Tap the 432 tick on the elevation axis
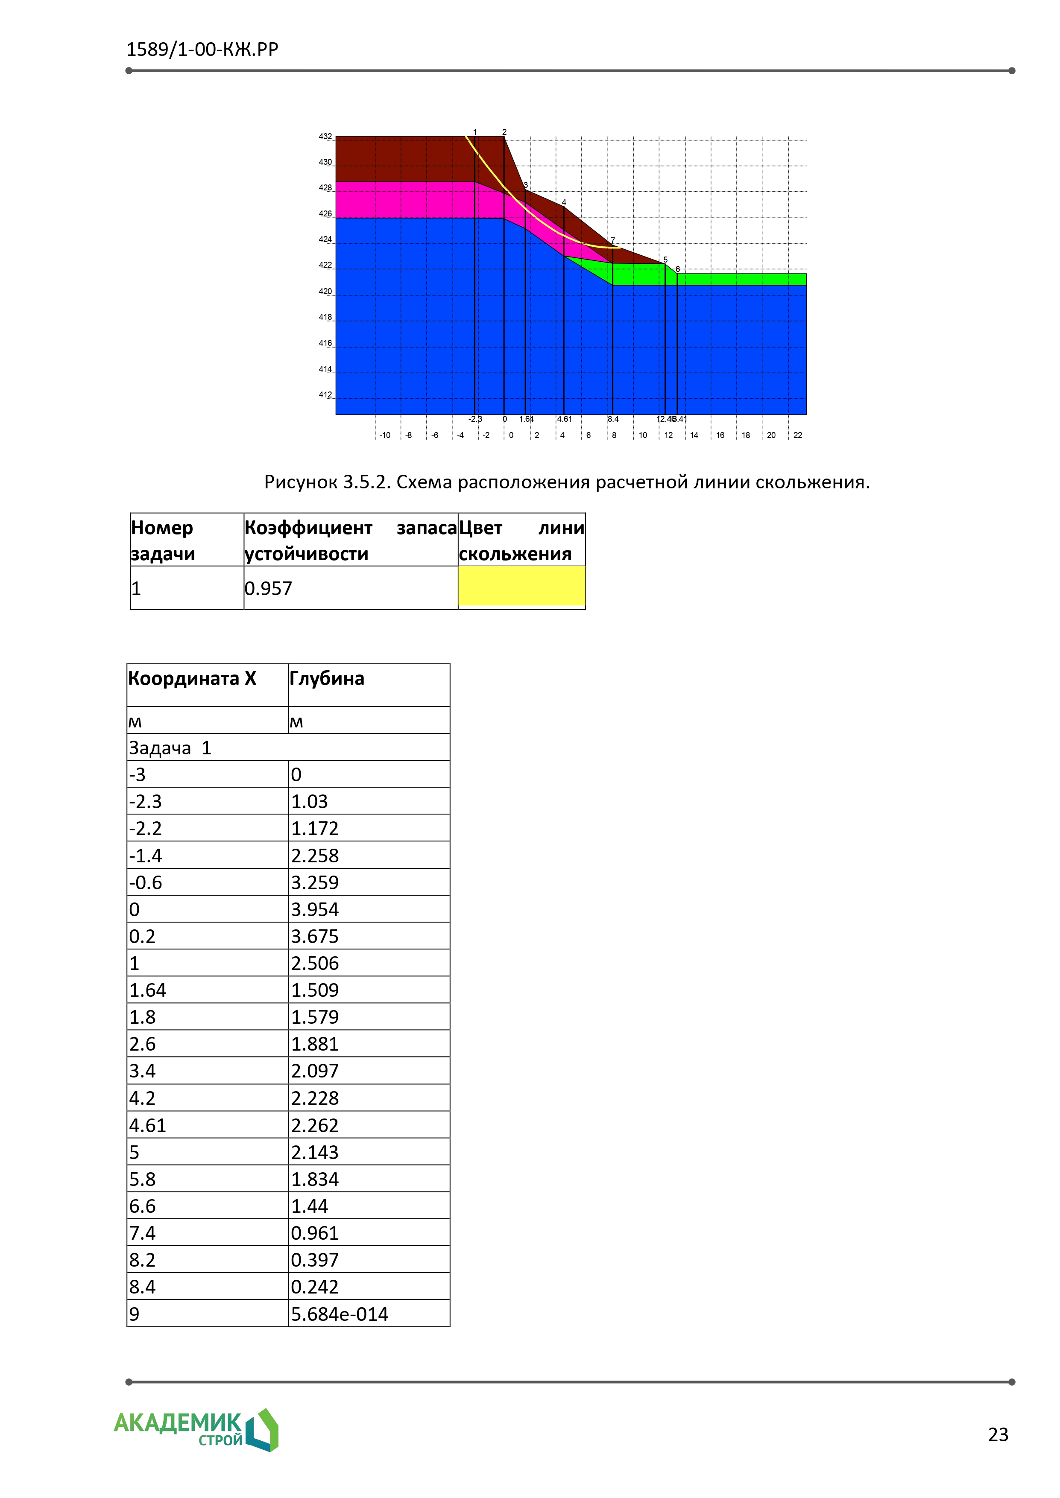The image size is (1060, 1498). [325, 136]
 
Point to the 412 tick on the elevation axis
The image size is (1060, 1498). [325, 395]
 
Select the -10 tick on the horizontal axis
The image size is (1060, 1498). [385, 435]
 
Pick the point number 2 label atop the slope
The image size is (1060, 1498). [504, 132]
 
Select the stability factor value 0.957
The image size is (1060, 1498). [268, 589]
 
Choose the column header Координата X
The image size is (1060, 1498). [192, 678]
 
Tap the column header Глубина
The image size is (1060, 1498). [326, 678]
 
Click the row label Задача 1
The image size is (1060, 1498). [170, 748]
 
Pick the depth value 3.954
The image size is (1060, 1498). [315, 909]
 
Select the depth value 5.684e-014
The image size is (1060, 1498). [340, 1314]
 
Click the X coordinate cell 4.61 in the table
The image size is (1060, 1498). [147, 1125]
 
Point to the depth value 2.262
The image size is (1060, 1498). [315, 1125]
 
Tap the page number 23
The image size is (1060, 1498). [998, 1435]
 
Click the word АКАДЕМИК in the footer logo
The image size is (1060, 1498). [178, 1422]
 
